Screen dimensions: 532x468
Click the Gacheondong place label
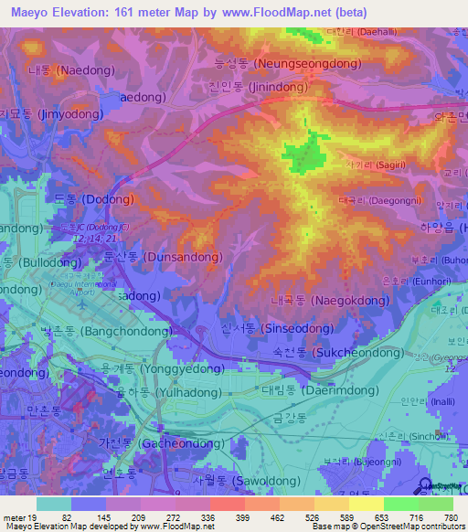154,442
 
